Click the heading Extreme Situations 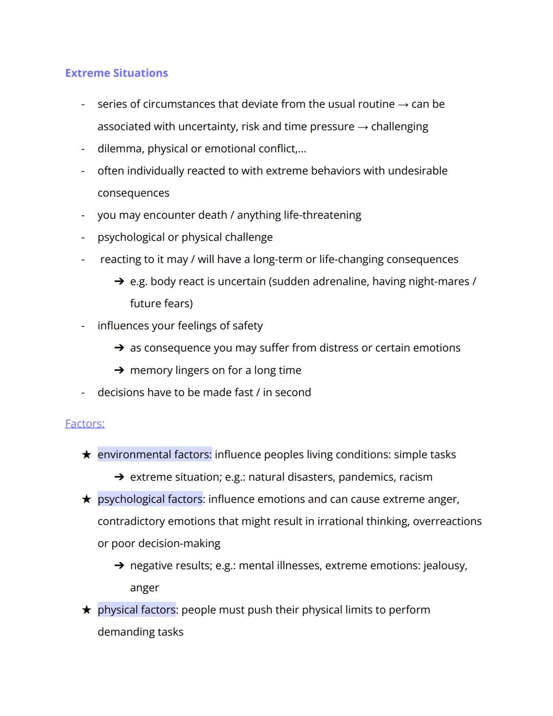click(x=116, y=73)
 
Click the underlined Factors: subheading click(x=84, y=423)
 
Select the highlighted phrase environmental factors click(x=154, y=455)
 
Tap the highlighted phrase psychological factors click(x=150, y=499)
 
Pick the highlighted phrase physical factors click(x=136, y=610)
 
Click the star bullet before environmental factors click(x=87, y=455)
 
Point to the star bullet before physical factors click(x=87, y=610)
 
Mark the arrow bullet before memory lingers click(x=119, y=370)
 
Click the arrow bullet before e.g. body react click(x=119, y=281)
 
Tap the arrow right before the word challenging click(x=363, y=127)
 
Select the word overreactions click(x=447, y=521)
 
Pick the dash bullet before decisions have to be click(x=82, y=393)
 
